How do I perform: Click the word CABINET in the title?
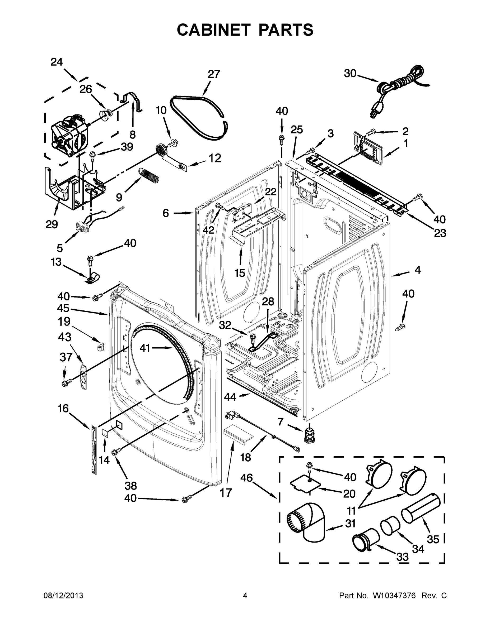(213, 30)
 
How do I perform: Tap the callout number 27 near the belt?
(214, 74)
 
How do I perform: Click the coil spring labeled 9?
(150, 176)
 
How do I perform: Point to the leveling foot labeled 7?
(310, 434)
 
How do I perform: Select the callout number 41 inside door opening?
(145, 348)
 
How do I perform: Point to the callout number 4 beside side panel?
(417, 270)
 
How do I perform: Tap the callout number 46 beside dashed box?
(246, 478)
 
